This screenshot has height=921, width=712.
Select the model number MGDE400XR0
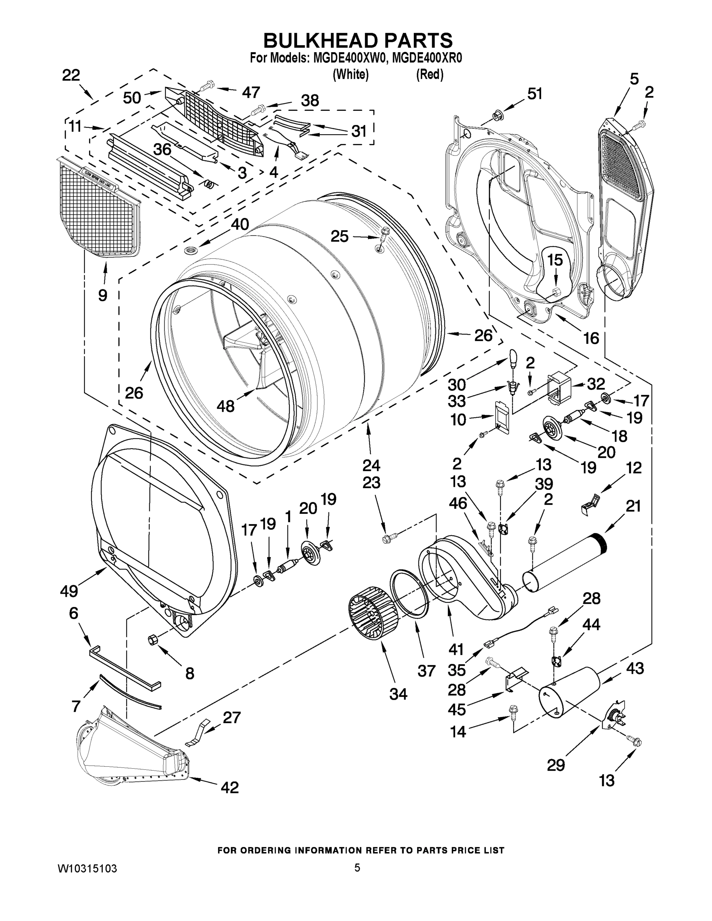pos(426,58)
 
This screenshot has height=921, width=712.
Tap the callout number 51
pos(535,94)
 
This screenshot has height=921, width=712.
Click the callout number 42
pos(230,787)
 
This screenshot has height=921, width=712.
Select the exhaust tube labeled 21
pos(565,563)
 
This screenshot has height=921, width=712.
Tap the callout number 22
pos(71,75)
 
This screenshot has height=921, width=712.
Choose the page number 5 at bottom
pos(357,867)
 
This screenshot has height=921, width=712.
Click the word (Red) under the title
pos(430,75)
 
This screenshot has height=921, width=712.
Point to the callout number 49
pos(69,591)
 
